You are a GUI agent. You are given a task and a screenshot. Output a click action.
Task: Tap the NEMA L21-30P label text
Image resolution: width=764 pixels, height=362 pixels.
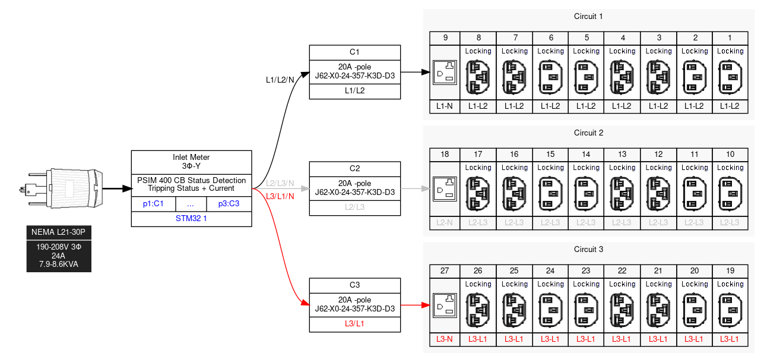(59, 232)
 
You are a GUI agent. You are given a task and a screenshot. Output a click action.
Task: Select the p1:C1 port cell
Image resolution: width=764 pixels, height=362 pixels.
(153, 203)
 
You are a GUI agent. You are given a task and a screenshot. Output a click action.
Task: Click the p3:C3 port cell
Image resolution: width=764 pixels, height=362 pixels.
(229, 203)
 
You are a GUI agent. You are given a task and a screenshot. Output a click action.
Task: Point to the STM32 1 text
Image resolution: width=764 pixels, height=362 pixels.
(191, 219)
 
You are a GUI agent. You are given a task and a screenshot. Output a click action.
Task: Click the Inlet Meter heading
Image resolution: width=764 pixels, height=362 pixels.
(191, 161)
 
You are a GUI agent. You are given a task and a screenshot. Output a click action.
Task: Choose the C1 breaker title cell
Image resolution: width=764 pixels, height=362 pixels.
(354, 52)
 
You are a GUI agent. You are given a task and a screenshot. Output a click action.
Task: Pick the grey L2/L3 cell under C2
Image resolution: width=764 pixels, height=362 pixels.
(354, 207)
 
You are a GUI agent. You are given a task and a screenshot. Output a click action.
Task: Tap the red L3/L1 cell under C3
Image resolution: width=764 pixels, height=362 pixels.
(354, 324)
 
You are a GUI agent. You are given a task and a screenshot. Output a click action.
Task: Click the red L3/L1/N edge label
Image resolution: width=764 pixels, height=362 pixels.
(280, 196)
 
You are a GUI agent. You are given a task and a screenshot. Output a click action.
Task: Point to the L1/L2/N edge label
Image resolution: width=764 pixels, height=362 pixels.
(280, 80)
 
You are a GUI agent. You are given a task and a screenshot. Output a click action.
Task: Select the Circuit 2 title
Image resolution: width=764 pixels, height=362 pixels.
(588, 133)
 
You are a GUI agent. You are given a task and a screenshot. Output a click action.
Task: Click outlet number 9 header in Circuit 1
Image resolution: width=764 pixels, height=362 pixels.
(445, 38)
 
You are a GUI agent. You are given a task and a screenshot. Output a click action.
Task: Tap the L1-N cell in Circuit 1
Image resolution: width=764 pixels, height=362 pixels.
(445, 106)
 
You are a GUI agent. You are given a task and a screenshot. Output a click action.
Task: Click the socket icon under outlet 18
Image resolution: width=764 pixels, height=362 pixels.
(445, 189)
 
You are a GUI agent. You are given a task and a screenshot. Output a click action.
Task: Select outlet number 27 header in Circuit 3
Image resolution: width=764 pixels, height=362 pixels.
(445, 271)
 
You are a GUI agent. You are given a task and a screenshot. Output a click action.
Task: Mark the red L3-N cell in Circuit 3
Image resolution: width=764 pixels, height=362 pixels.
(445, 339)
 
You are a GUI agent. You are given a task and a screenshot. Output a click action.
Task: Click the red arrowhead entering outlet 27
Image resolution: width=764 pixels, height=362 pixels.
(425, 305)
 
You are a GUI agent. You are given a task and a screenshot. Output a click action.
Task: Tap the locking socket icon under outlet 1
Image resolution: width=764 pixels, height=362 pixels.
(730, 77)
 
